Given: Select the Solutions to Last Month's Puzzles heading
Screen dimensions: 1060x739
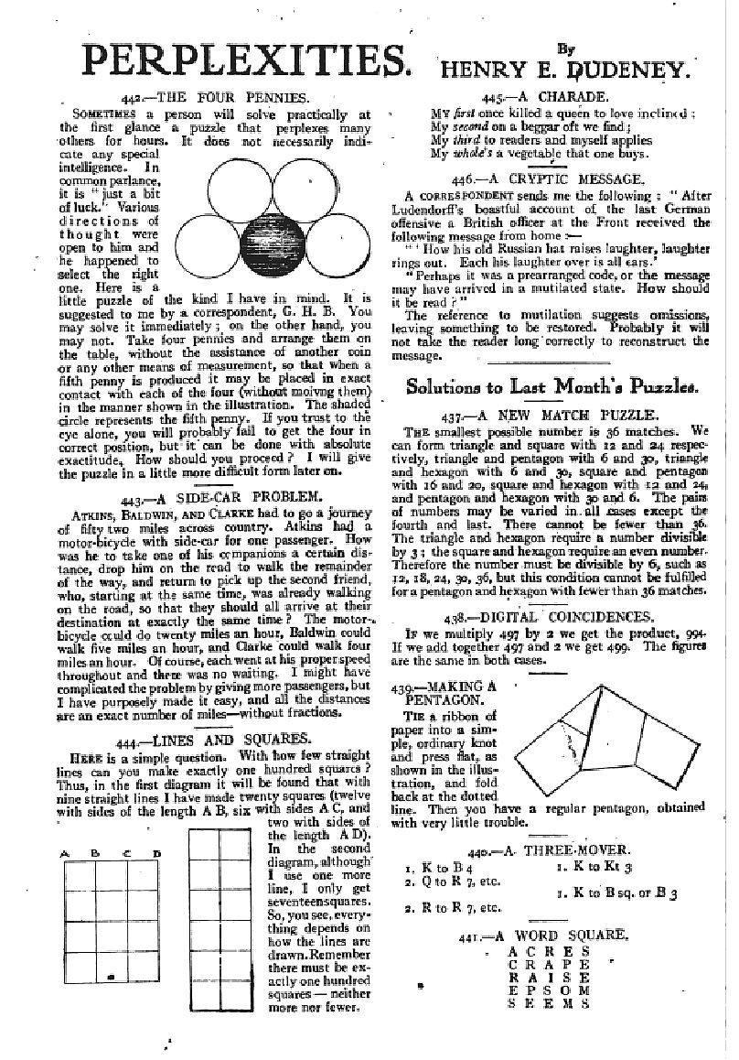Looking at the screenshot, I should point(552,386).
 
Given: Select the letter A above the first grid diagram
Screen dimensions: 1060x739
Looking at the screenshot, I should point(65,855).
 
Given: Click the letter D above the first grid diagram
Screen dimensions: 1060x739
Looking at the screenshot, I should point(156,855).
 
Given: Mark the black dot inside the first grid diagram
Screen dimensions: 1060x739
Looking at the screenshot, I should point(111,978).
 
